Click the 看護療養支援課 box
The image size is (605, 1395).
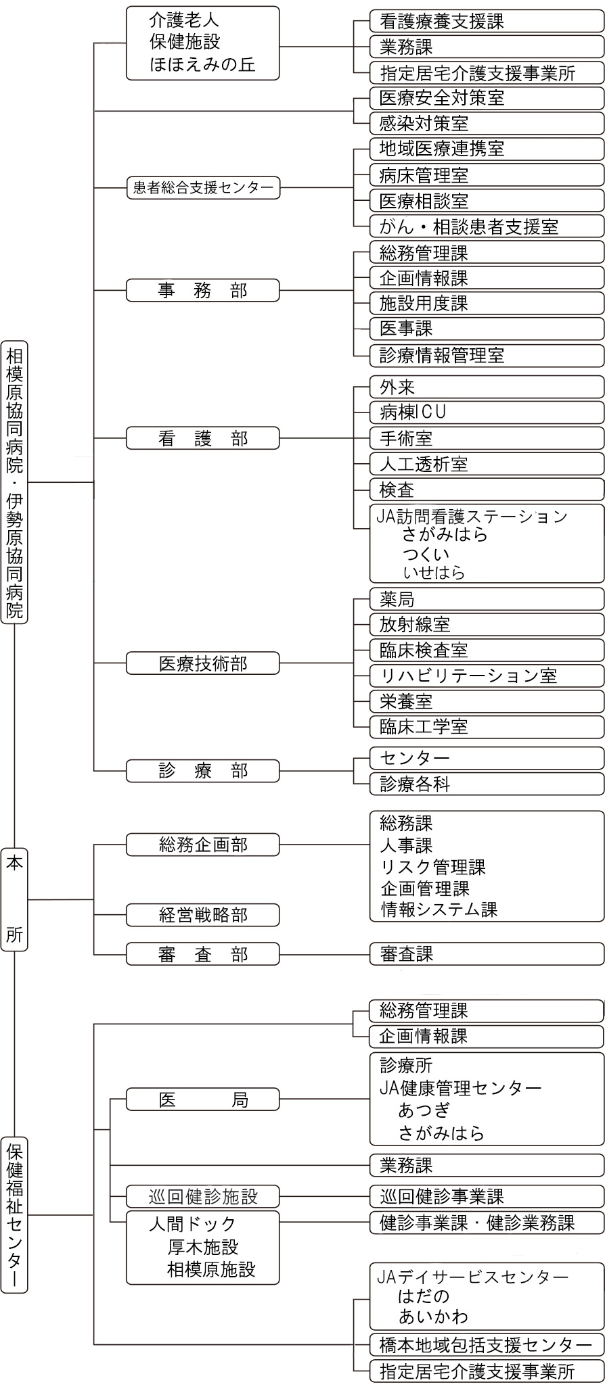click(x=487, y=22)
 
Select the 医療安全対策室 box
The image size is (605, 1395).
click(x=487, y=98)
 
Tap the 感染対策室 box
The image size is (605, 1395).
click(x=487, y=124)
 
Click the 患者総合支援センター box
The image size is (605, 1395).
click(x=203, y=187)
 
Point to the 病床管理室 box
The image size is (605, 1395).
click(x=487, y=176)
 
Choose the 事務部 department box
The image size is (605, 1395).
click(x=203, y=291)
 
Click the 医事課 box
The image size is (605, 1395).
click(x=487, y=329)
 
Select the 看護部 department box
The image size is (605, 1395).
click(x=203, y=438)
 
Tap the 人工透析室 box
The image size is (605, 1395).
click(x=487, y=464)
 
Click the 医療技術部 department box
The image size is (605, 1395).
click(x=203, y=663)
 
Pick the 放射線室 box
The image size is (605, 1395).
click(x=487, y=625)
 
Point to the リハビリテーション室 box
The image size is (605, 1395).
click(x=487, y=676)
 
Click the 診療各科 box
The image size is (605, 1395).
click(x=487, y=784)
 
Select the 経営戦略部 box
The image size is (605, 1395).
click(x=203, y=915)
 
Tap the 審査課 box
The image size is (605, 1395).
click(x=487, y=954)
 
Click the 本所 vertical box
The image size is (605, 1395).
click(x=14, y=899)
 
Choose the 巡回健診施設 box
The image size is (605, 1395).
click(x=203, y=1196)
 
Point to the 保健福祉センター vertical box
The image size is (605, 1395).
click(x=14, y=1214)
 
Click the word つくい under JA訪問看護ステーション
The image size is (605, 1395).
click(x=426, y=554)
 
